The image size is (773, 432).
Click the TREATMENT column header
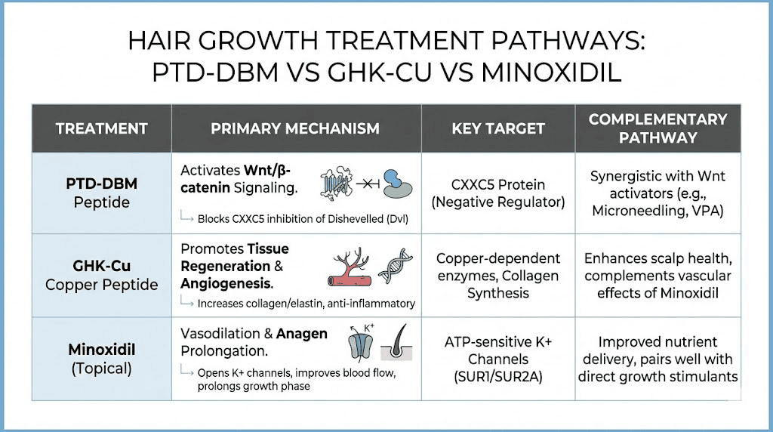(102, 128)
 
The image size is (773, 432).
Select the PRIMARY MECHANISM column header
(295, 128)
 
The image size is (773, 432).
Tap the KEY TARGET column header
(498, 128)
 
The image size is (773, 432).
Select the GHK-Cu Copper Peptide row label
(102, 275)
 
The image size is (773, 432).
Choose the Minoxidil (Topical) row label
(102, 359)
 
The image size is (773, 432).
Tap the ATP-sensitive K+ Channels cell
(498, 359)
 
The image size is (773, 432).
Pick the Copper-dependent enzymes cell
(498, 275)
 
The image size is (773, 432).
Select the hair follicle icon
(396, 350)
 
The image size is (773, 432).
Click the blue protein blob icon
(394, 184)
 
